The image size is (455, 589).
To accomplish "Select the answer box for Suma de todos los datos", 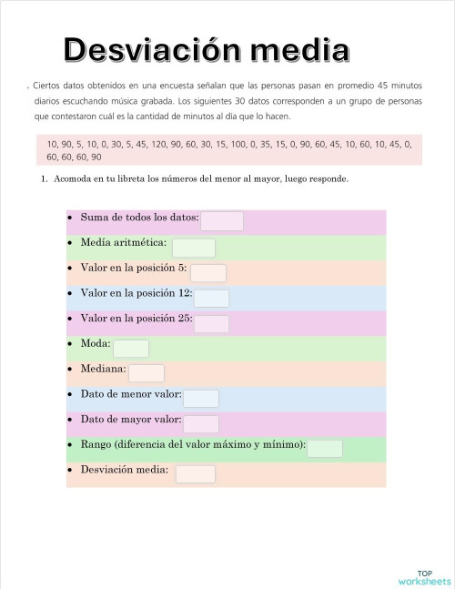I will coord(222,221).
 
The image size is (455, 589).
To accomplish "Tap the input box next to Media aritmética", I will coord(194,248).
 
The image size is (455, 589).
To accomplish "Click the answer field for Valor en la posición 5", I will coord(208,273).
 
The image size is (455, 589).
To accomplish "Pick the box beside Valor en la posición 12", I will coord(211,299).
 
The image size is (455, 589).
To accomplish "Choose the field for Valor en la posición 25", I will coord(211,324).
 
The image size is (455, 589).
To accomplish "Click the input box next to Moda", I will coord(131,349).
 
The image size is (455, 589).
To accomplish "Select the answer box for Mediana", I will coord(147,373).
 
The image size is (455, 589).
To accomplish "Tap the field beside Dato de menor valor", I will coord(201,399).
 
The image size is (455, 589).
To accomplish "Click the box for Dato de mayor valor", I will coord(201,424).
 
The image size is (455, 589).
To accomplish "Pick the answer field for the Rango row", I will coord(325,449).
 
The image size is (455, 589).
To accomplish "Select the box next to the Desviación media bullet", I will coord(196,474).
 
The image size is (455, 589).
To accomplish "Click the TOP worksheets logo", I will coord(424,576).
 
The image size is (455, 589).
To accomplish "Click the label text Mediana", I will coord(103,373).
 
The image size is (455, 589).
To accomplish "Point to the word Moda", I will coord(96,348).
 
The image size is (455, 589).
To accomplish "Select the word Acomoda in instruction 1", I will coord(73,179).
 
